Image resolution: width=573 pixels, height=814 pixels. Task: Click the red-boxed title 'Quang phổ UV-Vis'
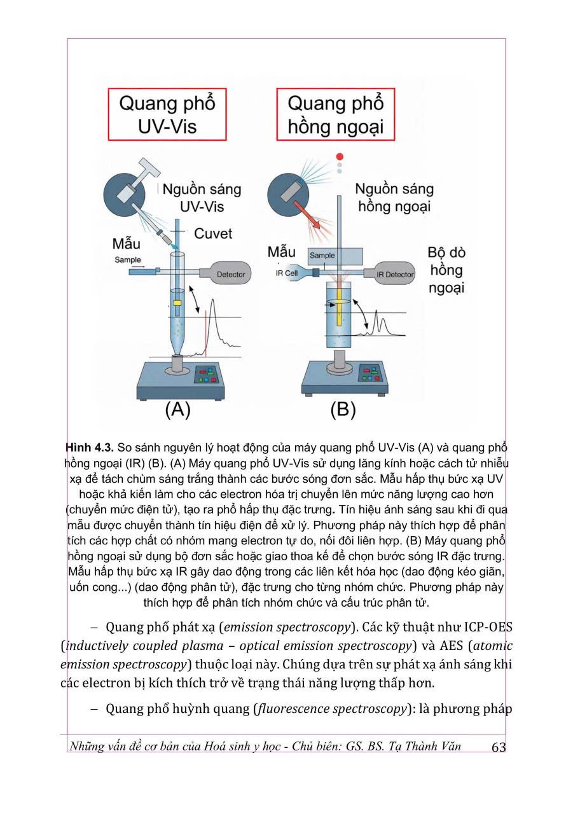(167, 114)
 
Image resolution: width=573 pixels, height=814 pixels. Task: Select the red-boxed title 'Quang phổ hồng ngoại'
(335, 114)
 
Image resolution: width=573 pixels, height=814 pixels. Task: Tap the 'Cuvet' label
(213, 233)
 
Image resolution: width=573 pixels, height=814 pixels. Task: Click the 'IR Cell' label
(286, 273)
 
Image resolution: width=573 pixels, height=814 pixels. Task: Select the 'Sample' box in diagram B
(335, 256)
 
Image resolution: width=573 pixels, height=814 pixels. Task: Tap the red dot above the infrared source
(340, 156)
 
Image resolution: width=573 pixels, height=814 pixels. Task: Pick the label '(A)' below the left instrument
(177, 410)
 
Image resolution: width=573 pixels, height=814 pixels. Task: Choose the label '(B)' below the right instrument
(343, 410)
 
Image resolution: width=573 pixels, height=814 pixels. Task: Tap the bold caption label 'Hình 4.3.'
(90, 447)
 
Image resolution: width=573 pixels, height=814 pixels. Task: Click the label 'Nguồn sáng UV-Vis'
(202, 198)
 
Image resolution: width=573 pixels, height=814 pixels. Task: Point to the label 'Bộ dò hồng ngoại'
(446, 270)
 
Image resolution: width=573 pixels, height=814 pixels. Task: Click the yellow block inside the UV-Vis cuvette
(177, 303)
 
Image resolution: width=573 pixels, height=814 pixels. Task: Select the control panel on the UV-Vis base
(206, 375)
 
